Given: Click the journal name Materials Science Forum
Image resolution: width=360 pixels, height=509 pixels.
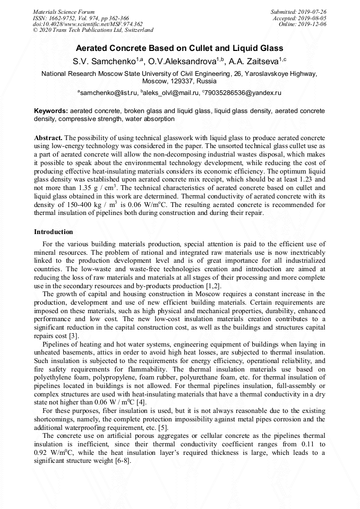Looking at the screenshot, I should pyautogui.click(x=64, y=12).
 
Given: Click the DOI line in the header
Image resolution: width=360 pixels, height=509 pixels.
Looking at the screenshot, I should pyautogui.click(x=88, y=24).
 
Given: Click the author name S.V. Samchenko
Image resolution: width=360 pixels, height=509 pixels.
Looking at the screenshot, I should pyautogui.click(x=103, y=62).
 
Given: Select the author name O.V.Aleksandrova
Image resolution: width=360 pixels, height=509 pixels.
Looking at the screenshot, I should pyautogui.click(x=181, y=62).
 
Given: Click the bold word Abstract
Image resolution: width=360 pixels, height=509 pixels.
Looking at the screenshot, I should pyautogui.click(x=48, y=137).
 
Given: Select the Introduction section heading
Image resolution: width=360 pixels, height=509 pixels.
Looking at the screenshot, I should pyautogui.click(x=54, y=232).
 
